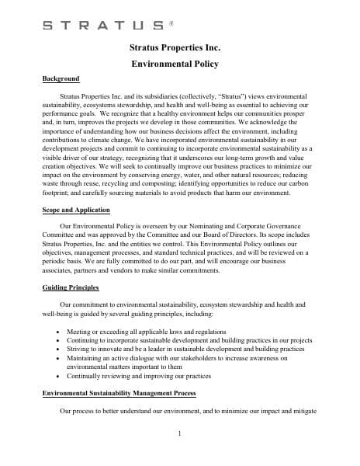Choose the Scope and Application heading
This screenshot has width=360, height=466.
pyautogui.click(x=75, y=210)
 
